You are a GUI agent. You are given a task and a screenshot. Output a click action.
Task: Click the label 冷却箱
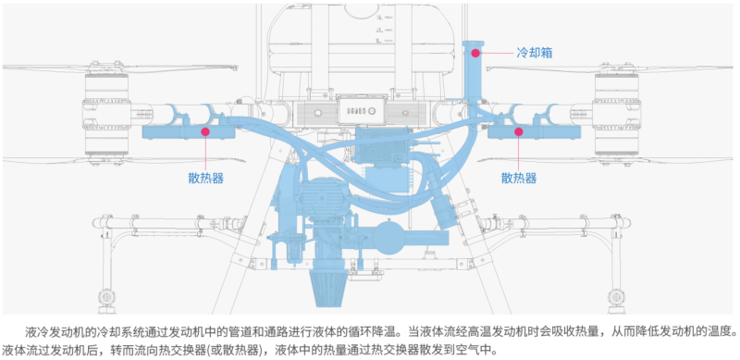point(535,53)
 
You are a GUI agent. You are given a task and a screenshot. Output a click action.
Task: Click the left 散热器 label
point(205,178)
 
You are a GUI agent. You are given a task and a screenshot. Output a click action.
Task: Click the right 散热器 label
point(519,178)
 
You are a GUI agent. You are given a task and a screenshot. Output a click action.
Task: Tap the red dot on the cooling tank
point(475,53)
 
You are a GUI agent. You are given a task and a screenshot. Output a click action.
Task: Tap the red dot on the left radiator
point(205,131)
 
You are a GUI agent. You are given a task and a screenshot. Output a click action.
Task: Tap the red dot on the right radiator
point(519,131)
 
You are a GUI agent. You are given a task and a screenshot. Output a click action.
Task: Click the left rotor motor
point(106,116)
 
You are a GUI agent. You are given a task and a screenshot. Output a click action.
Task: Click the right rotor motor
point(616,116)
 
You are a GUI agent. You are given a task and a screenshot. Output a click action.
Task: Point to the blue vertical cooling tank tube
point(473,71)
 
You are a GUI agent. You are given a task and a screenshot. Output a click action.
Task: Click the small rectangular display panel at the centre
point(362,109)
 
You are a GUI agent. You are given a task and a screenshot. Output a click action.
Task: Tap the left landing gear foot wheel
point(105,298)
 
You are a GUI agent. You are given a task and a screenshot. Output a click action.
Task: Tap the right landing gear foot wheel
point(614,297)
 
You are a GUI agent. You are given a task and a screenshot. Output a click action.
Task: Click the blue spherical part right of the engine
point(392,236)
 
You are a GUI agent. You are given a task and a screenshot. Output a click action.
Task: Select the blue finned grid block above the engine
point(382,146)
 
